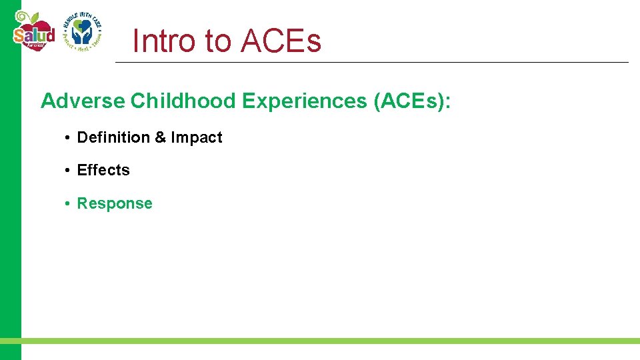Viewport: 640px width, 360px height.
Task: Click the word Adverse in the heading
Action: click(x=83, y=101)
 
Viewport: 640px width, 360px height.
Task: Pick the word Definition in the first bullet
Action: click(x=113, y=137)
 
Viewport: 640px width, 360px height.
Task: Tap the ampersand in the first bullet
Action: click(x=160, y=137)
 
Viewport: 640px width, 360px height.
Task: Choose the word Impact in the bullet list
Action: click(x=197, y=137)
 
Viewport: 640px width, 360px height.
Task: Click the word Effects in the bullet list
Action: click(x=103, y=170)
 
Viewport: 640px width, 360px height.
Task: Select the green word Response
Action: click(x=115, y=203)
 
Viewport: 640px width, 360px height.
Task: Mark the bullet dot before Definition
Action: click(x=68, y=138)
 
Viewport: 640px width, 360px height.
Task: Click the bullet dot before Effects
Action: click(x=68, y=171)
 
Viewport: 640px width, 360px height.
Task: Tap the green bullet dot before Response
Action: click(x=68, y=204)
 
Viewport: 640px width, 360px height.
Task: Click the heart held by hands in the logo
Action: click(x=82, y=29)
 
